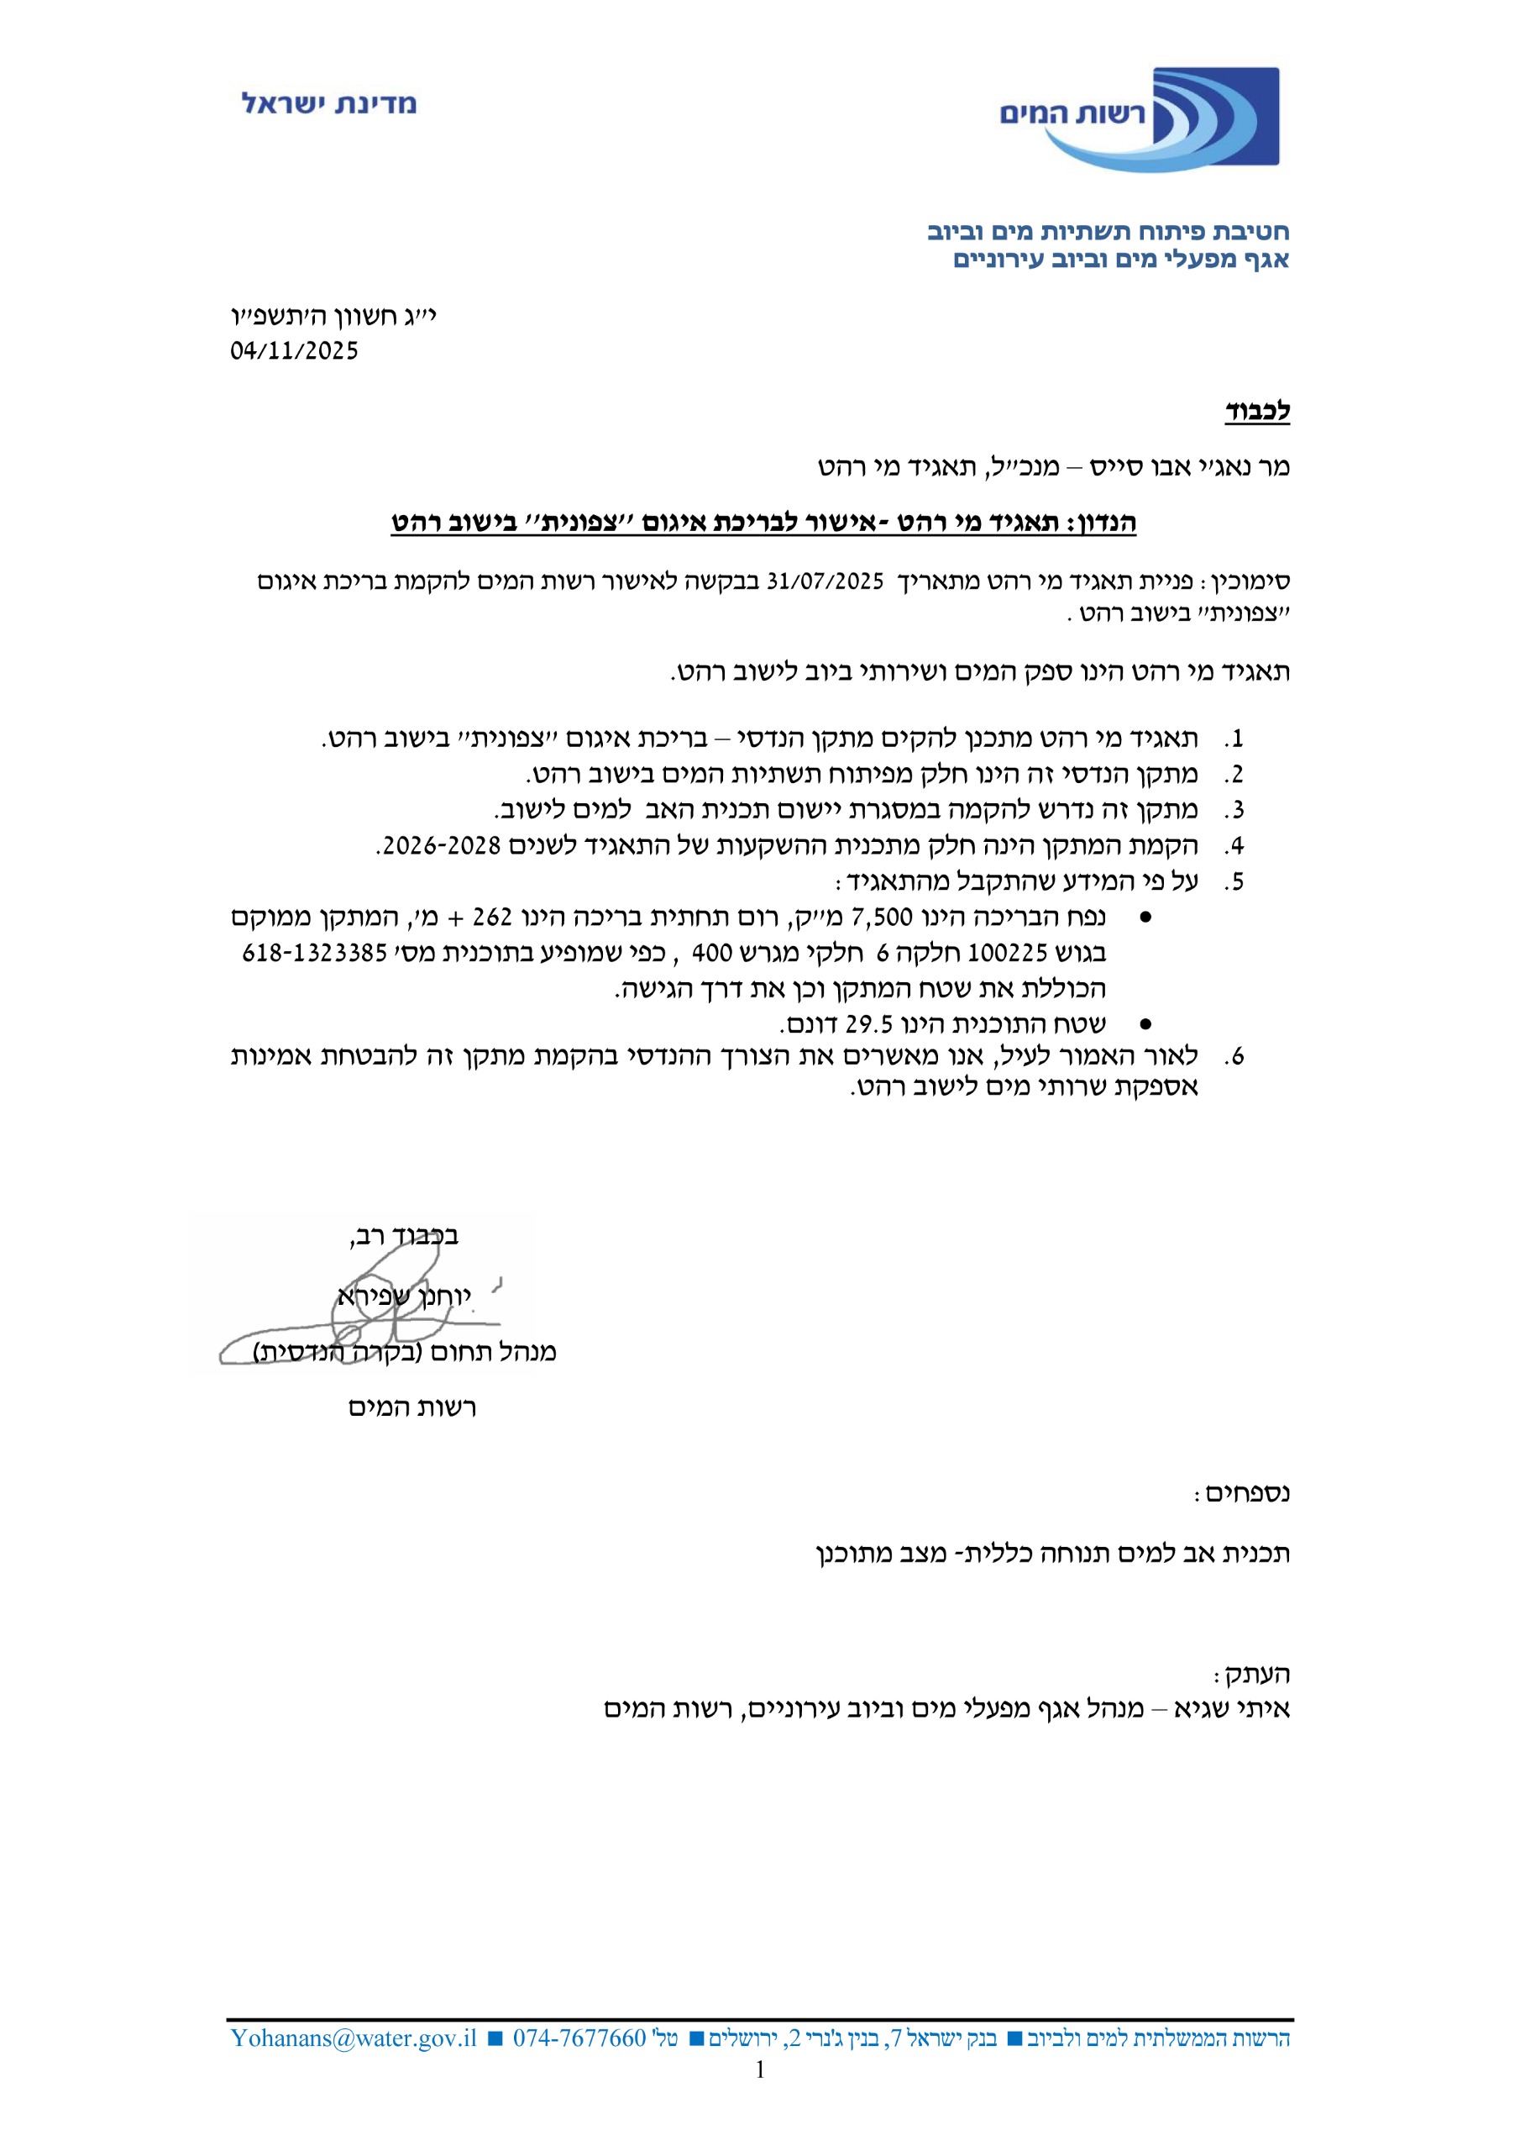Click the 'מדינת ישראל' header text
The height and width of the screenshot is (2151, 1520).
tap(328, 103)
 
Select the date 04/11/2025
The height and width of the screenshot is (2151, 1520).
tap(294, 350)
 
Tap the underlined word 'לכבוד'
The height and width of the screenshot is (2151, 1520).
tap(1257, 410)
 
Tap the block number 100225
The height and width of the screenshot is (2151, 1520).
tap(1007, 953)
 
